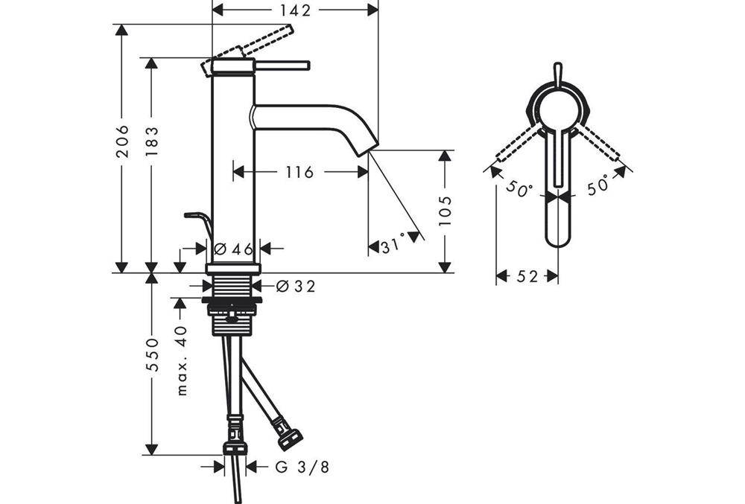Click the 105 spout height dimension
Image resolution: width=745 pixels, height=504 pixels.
(x=446, y=211)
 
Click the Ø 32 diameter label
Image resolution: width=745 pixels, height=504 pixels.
(x=296, y=285)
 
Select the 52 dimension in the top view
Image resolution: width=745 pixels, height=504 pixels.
(x=527, y=276)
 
